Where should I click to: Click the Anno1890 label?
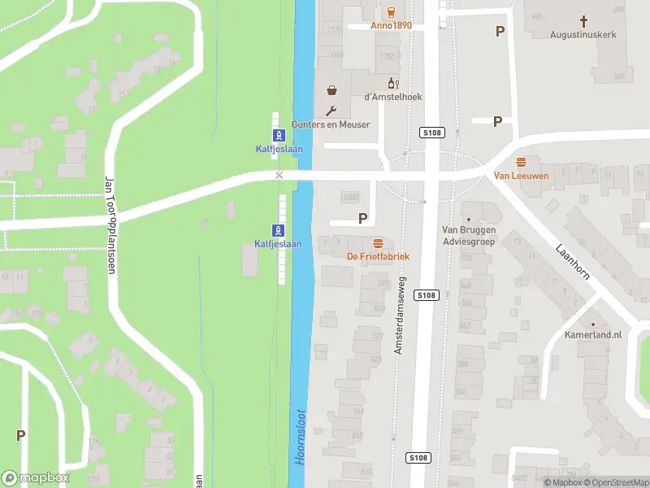pyautogui.click(x=392, y=25)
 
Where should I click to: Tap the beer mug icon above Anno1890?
pyautogui.click(x=392, y=11)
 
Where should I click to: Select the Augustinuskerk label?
pyautogui.click(x=583, y=35)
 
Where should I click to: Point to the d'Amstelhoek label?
pyautogui.click(x=393, y=97)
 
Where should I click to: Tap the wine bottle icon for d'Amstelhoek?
pyautogui.click(x=392, y=83)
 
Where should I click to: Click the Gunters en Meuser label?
pyautogui.click(x=331, y=124)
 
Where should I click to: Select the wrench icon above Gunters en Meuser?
pyautogui.click(x=331, y=111)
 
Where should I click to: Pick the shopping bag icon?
pyautogui.click(x=331, y=90)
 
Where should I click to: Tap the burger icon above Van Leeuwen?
pyautogui.click(x=521, y=161)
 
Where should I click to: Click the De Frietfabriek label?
pyautogui.click(x=378, y=256)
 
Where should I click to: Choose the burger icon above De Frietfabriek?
pyautogui.click(x=377, y=242)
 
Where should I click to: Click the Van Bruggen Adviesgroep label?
pyautogui.click(x=467, y=235)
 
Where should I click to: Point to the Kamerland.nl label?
pyautogui.click(x=593, y=334)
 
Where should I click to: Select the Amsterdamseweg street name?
pyautogui.click(x=399, y=314)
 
